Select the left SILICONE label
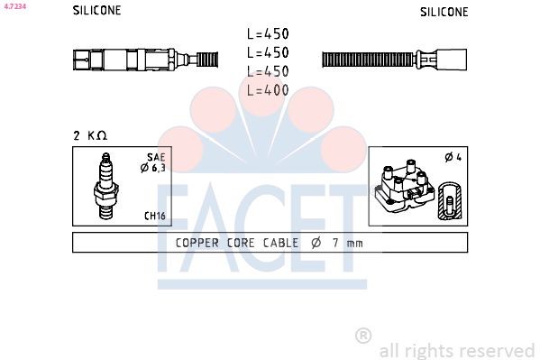96,12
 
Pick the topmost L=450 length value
268,34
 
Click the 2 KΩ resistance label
90,135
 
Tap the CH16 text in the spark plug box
154,217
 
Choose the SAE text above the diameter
157,156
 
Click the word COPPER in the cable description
198,243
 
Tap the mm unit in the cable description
354,243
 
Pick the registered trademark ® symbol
363,335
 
